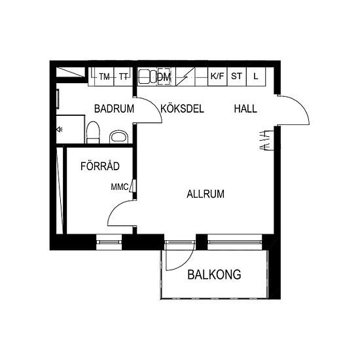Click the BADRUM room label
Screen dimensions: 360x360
pos(114,109)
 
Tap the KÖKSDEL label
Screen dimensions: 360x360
pos(183,109)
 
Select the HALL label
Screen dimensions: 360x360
pos(245,109)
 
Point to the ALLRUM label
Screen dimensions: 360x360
pos(206,194)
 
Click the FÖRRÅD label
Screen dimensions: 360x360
pos(100,166)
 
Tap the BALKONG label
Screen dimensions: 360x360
pos(214,274)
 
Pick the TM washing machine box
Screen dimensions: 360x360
pos(105,77)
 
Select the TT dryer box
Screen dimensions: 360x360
pos(124,77)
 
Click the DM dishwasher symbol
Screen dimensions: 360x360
pos(164,77)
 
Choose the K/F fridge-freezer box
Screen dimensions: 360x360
pos(217,77)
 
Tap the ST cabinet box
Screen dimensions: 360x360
pos(236,77)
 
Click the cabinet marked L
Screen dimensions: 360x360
pos(256,77)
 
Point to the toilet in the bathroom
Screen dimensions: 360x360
pos(93,132)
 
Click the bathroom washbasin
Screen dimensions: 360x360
pos(118,137)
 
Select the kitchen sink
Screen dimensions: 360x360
pos(147,77)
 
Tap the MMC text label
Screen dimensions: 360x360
pos(120,187)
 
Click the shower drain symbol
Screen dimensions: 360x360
pos(60,130)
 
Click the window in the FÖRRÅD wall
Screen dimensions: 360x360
pos(109,242)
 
